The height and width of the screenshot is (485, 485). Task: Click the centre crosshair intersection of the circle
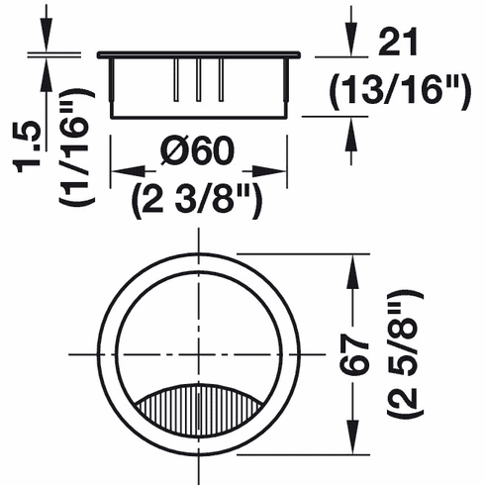(x=199, y=353)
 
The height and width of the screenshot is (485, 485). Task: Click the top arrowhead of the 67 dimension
(x=352, y=262)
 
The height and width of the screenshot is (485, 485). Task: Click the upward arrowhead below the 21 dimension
(x=352, y=128)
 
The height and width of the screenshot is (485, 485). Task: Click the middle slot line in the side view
(x=199, y=79)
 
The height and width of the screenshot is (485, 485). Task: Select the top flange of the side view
(x=199, y=51)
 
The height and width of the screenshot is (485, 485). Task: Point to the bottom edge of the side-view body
(x=199, y=116)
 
